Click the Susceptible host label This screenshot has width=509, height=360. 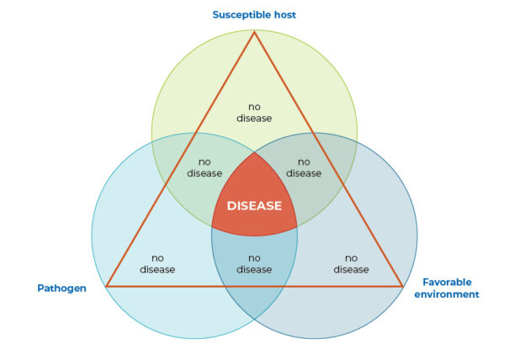[254, 15]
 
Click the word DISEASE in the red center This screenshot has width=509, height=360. [254, 205]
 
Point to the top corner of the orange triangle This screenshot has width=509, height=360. [254, 31]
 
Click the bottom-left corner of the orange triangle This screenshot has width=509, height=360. [107, 286]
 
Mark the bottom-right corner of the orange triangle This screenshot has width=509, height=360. [402, 286]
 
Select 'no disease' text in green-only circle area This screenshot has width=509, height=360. [260, 113]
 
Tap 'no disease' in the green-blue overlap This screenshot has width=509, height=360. [304, 167]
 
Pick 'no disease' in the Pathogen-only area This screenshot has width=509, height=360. [157, 263]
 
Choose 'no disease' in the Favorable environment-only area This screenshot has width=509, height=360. [351, 263]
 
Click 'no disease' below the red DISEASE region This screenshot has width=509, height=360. [254, 263]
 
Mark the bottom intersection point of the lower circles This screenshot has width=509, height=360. [254, 319]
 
